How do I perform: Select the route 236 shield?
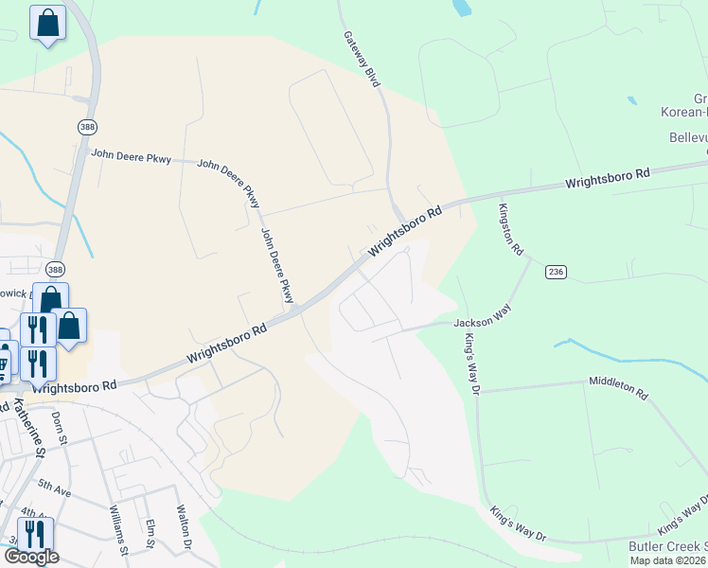pos(556,272)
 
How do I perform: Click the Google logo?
pos(30,557)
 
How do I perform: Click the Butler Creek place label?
pos(668,547)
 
